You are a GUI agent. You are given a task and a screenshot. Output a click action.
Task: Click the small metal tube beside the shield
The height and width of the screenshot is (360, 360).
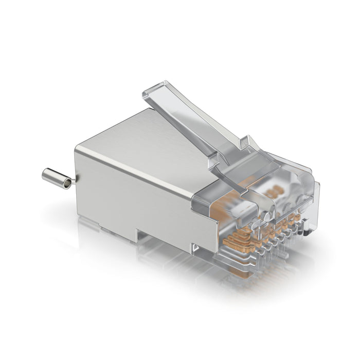57,178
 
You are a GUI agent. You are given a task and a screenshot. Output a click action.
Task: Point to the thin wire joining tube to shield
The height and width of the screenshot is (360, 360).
75,180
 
